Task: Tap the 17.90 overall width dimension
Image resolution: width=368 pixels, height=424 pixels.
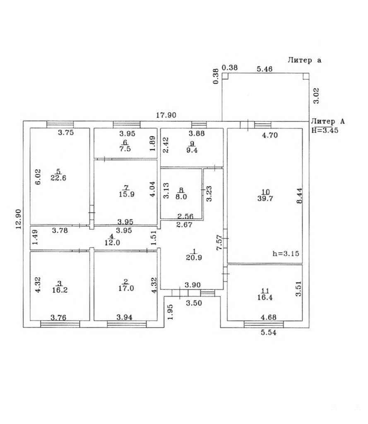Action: coord(166,116)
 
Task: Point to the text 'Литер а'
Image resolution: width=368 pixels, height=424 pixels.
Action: coord(305,60)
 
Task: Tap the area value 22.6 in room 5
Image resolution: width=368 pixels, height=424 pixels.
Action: coord(58,178)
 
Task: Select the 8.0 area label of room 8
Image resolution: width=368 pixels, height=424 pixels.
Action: coord(181,197)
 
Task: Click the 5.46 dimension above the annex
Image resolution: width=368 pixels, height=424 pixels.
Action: coord(264,69)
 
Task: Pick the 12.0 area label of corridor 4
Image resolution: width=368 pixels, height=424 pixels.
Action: coord(112,243)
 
